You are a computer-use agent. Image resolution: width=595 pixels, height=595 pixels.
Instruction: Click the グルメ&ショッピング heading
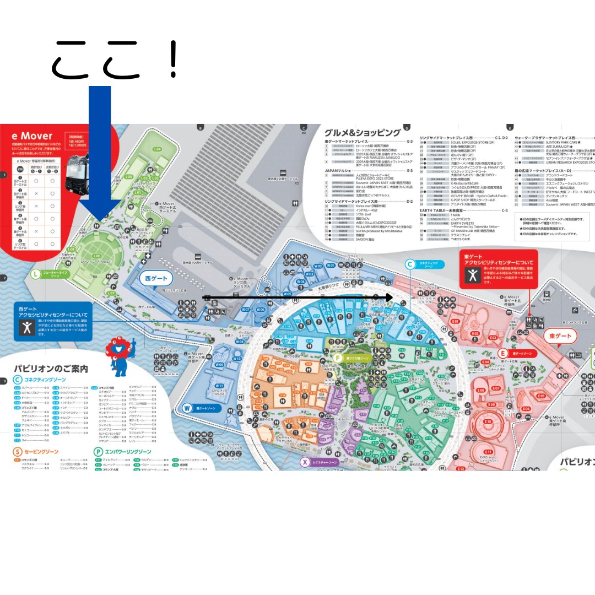click(x=362, y=133)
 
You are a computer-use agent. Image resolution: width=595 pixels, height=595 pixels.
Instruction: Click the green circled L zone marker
click(x=36, y=274)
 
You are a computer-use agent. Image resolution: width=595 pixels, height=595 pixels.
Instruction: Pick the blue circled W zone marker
click(x=187, y=408)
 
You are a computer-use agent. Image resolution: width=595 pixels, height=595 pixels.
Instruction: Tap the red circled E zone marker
click(x=502, y=353)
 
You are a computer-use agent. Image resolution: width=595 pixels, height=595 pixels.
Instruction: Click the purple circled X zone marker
click(x=305, y=462)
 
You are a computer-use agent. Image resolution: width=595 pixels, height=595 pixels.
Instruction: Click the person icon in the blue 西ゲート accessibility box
click(x=26, y=327)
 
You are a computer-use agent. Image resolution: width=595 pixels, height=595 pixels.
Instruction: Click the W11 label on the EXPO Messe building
click(x=219, y=386)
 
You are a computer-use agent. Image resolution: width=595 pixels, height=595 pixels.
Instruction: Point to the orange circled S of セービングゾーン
click(x=18, y=452)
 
